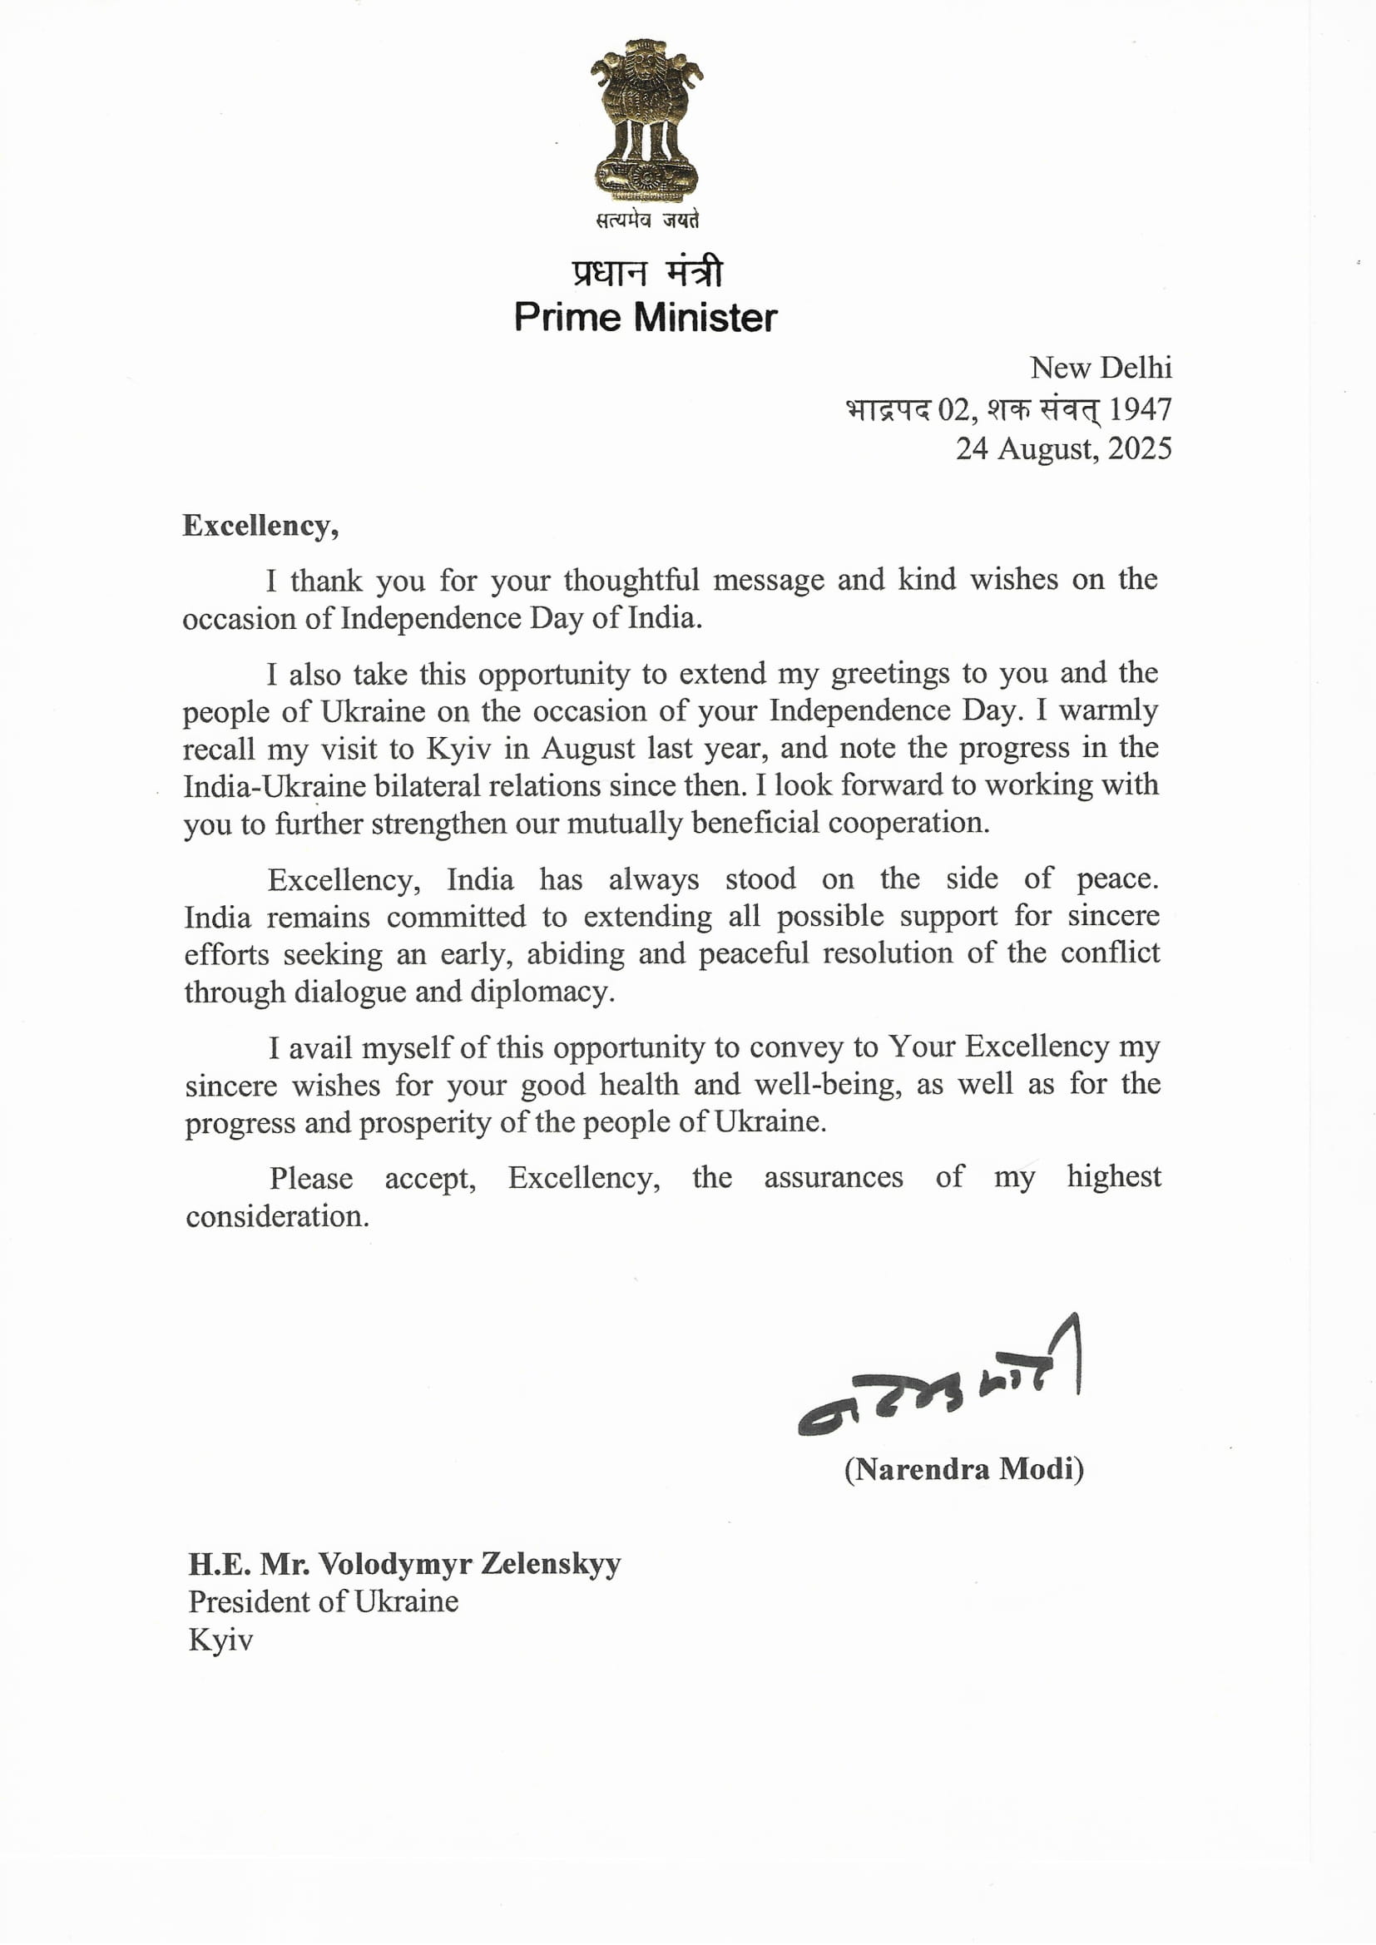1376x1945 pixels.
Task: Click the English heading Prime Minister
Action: tap(645, 318)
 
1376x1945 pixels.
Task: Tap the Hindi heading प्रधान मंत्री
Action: tap(646, 272)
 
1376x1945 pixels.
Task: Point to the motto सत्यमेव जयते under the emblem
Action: tap(647, 220)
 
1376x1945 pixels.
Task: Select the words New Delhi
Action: tap(1100, 368)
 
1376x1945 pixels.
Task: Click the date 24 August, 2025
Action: tap(1063, 448)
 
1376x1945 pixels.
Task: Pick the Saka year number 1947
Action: tap(1140, 409)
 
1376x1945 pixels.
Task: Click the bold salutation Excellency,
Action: tap(260, 526)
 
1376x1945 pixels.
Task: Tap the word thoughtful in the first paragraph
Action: tap(631, 581)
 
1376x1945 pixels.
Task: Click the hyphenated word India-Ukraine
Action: tap(275, 786)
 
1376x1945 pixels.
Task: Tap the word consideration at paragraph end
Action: tap(277, 1216)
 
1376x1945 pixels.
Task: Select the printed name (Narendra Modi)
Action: tap(963, 1468)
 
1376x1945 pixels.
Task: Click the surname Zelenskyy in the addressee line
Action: tap(551, 1564)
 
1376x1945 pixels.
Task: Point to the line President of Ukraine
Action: tap(323, 1601)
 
